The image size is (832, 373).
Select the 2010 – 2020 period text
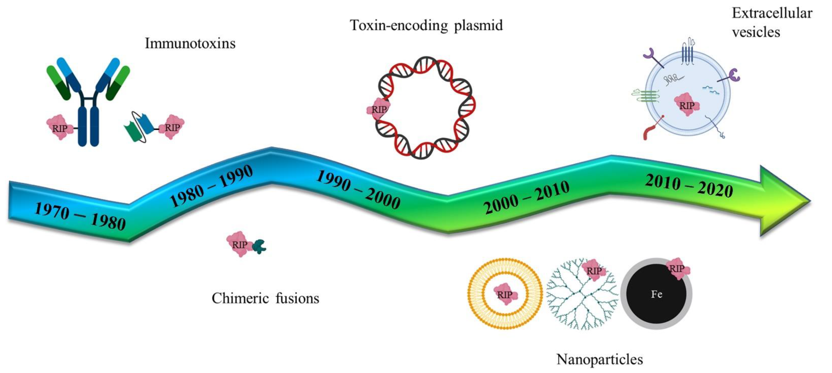point(689,185)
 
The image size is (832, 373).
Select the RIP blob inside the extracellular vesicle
point(687,105)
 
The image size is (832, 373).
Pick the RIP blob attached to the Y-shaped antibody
point(59,128)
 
